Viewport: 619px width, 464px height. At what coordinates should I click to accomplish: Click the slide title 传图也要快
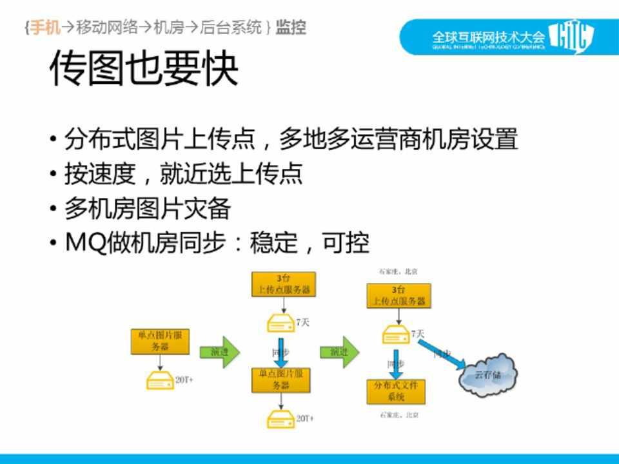[x=143, y=70]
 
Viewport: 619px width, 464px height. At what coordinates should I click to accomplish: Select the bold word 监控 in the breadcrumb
[x=291, y=27]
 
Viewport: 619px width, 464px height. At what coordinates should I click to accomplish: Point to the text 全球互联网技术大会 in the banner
[x=488, y=37]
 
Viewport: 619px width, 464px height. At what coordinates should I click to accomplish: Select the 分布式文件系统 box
[x=395, y=391]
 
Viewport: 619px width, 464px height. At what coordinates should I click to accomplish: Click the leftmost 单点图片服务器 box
[x=160, y=341]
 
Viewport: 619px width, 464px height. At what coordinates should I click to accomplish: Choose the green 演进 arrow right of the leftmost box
[x=220, y=352]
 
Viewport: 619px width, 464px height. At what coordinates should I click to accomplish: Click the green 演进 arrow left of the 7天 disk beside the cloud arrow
[x=340, y=352]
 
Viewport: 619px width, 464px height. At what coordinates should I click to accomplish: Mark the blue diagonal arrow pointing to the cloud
[x=441, y=356]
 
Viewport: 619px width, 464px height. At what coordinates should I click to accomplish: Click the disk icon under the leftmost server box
[x=159, y=380]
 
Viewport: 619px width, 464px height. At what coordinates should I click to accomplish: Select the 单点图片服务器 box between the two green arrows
[x=280, y=380]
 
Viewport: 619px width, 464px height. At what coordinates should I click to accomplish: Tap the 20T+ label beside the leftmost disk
[x=184, y=380]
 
